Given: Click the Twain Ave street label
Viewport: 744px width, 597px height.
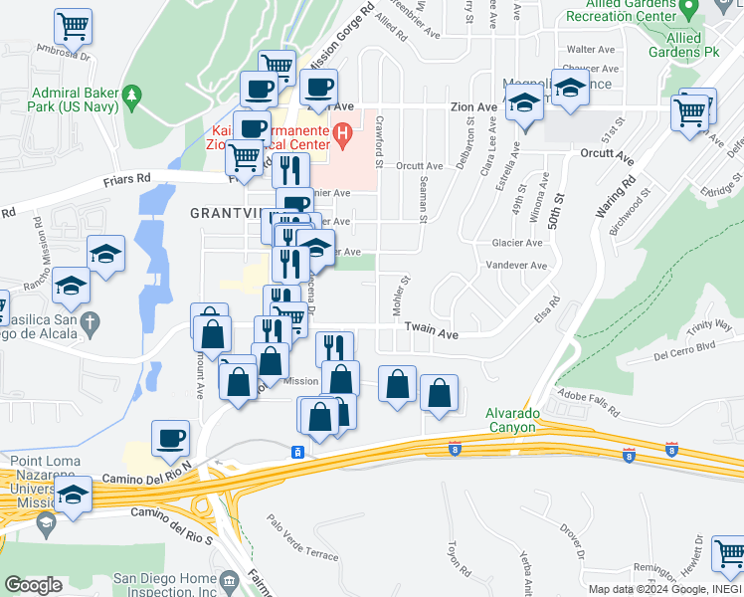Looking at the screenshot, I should point(431,336).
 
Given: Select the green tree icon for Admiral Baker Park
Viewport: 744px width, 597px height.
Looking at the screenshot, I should point(132,98).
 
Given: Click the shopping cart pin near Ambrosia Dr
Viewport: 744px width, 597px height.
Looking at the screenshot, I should point(73,25).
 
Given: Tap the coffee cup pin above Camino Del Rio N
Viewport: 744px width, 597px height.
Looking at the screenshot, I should point(170,437).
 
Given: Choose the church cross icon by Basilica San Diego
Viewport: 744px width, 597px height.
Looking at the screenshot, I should point(89,322).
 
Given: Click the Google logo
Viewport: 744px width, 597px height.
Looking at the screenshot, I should point(33,585).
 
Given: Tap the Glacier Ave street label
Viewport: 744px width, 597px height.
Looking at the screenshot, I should point(517,243).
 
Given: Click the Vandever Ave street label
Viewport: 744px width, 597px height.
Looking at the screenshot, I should point(516,266).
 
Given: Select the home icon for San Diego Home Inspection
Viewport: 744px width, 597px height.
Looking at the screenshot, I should point(230,579).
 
